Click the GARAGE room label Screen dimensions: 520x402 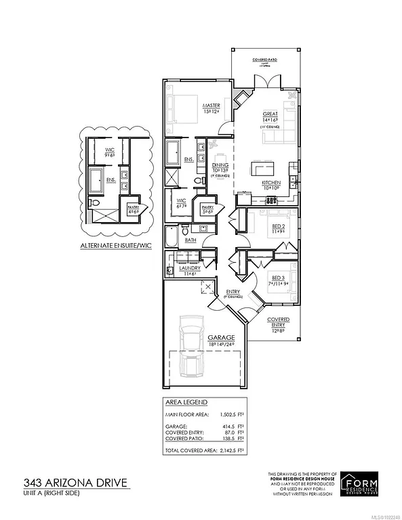(203, 337)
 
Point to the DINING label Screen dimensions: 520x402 (220, 165)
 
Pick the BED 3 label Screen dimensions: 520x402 (279, 277)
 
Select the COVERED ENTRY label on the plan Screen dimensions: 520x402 (277, 322)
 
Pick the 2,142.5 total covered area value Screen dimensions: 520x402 (230, 450)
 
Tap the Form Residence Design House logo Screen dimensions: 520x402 (361, 485)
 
